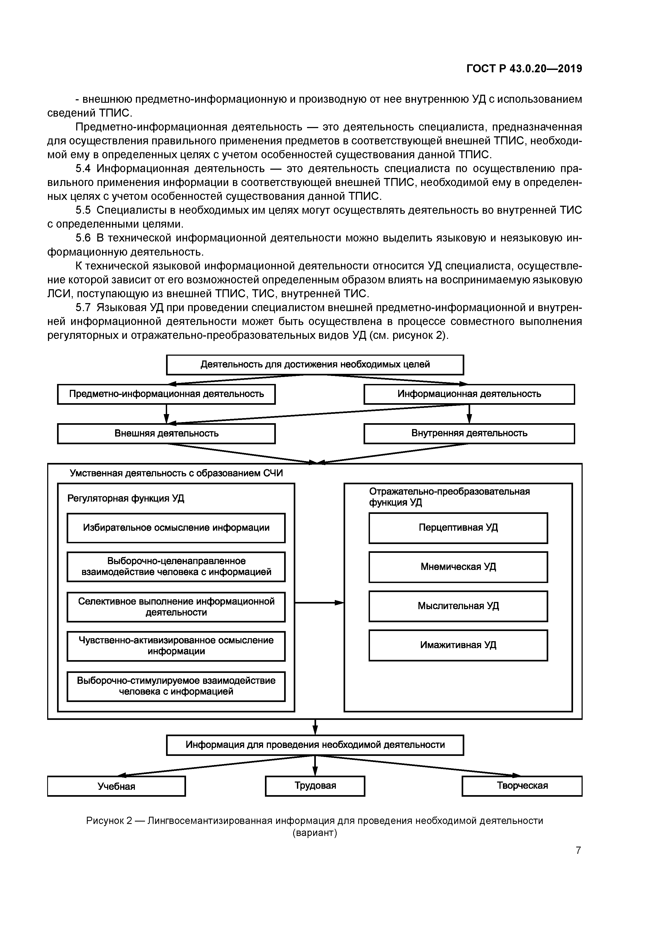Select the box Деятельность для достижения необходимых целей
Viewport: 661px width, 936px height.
[x=315, y=364]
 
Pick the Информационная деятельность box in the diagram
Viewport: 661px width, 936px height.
[x=469, y=394]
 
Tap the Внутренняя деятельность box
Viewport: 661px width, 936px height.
[x=469, y=433]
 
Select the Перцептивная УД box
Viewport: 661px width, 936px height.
[x=458, y=528]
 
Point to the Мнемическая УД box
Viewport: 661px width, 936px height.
[x=458, y=567]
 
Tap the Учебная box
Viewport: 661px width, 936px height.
[x=116, y=786]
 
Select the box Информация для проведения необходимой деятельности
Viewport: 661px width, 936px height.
[x=315, y=745]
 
